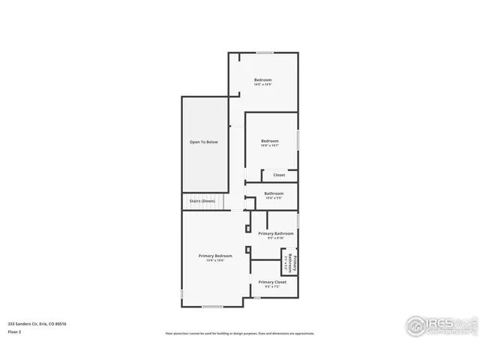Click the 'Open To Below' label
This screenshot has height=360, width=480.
click(x=203, y=142)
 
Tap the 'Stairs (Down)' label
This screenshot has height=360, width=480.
click(x=202, y=201)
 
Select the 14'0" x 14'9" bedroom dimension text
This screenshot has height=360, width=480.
click(x=262, y=85)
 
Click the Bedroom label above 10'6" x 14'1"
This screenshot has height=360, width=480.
click(x=270, y=141)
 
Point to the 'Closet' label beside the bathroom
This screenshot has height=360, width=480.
click(x=279, y=175)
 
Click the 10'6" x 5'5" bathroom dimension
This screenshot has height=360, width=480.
click(x=274, y=198)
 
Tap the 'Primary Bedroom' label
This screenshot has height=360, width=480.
click(x=215, y=256)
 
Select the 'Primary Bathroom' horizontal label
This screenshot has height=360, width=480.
click(x=276, y=233)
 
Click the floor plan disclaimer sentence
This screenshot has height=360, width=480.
click(x=240, y=333)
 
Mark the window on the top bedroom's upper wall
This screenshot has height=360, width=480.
click(x=265, y=52)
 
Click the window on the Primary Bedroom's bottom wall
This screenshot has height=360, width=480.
click(x=212, y=306)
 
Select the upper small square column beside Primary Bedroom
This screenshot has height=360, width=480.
click(x=248, y=228)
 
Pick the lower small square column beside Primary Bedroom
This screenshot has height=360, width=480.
click(x=248, y=250)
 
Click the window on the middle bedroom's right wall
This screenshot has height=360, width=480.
click(x=298, y=140)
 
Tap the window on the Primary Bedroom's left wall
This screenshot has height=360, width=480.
click(x=181, y=294)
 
